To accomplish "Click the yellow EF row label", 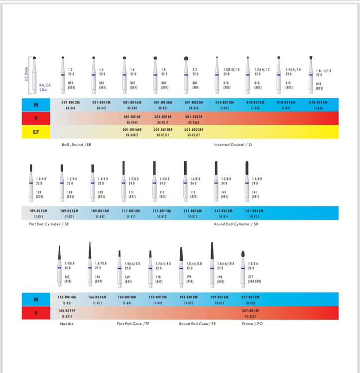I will tap(35, 132).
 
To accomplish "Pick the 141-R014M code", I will tap(254, 211).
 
